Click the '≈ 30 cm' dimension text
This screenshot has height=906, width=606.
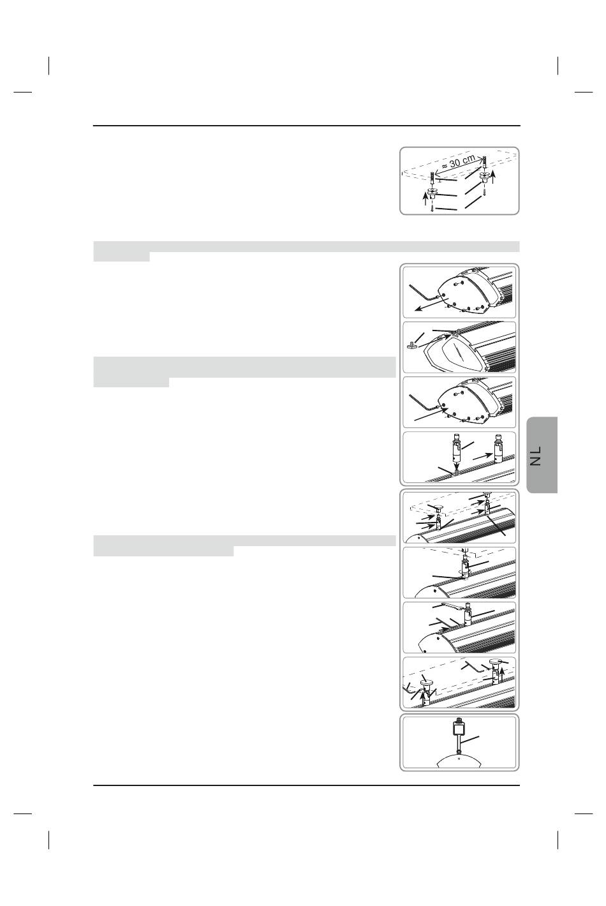(458, 161)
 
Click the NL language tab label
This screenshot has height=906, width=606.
(536, 456)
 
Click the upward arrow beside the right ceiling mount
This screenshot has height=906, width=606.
(493, 177)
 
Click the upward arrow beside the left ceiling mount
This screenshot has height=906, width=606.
(425, 198)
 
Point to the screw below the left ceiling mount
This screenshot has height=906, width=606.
(432, 207)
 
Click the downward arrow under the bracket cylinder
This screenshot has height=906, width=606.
(456, 464)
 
